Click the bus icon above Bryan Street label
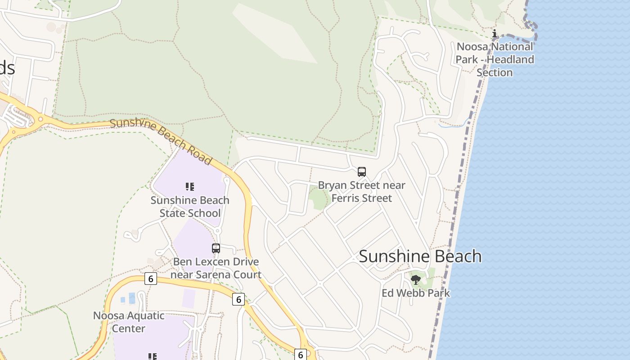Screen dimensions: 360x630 click(x=362, y=171)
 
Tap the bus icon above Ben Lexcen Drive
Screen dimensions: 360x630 click(x=216, y=248)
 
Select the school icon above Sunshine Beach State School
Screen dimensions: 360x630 click(x=190, y=186)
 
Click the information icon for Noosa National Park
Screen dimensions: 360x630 click(x=495, y=33)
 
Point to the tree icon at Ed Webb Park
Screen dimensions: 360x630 click(x=416, y=280)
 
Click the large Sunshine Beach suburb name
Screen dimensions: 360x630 click(x=420, y=256)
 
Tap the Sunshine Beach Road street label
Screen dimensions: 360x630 click(x=161, y=141)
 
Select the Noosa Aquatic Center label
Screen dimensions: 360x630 click(x=129, y=322)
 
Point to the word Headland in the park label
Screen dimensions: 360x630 click(x=511, y=59)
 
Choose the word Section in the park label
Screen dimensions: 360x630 click(x=495, y=72)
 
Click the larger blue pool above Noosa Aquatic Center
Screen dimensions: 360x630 click(x=132, y=298)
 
